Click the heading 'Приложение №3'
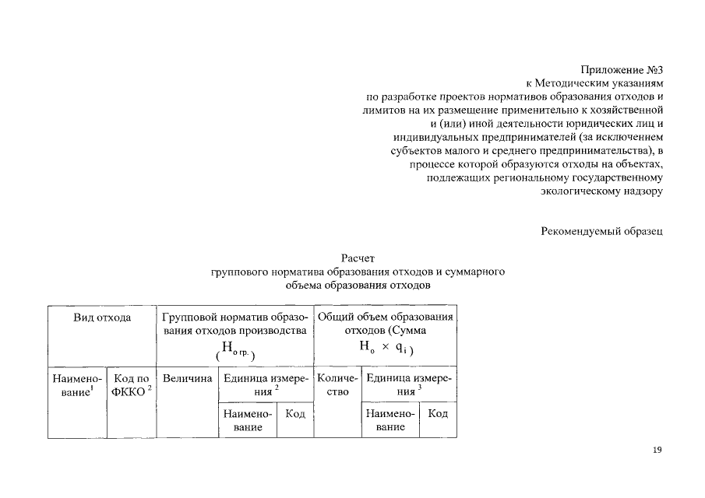(x=621, y=70)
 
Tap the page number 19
(x=657, y=450)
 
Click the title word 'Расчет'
(x=358, y=258)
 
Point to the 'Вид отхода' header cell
(x=102, y=317)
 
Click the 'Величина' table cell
(x=187, y=378)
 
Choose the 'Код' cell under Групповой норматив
(x=295, y=414)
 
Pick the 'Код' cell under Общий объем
(x=438, y=414)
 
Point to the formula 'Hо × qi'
(x=386, y=349)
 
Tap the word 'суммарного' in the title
(x=475, y=272)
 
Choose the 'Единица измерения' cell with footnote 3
(x=408, y=384)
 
